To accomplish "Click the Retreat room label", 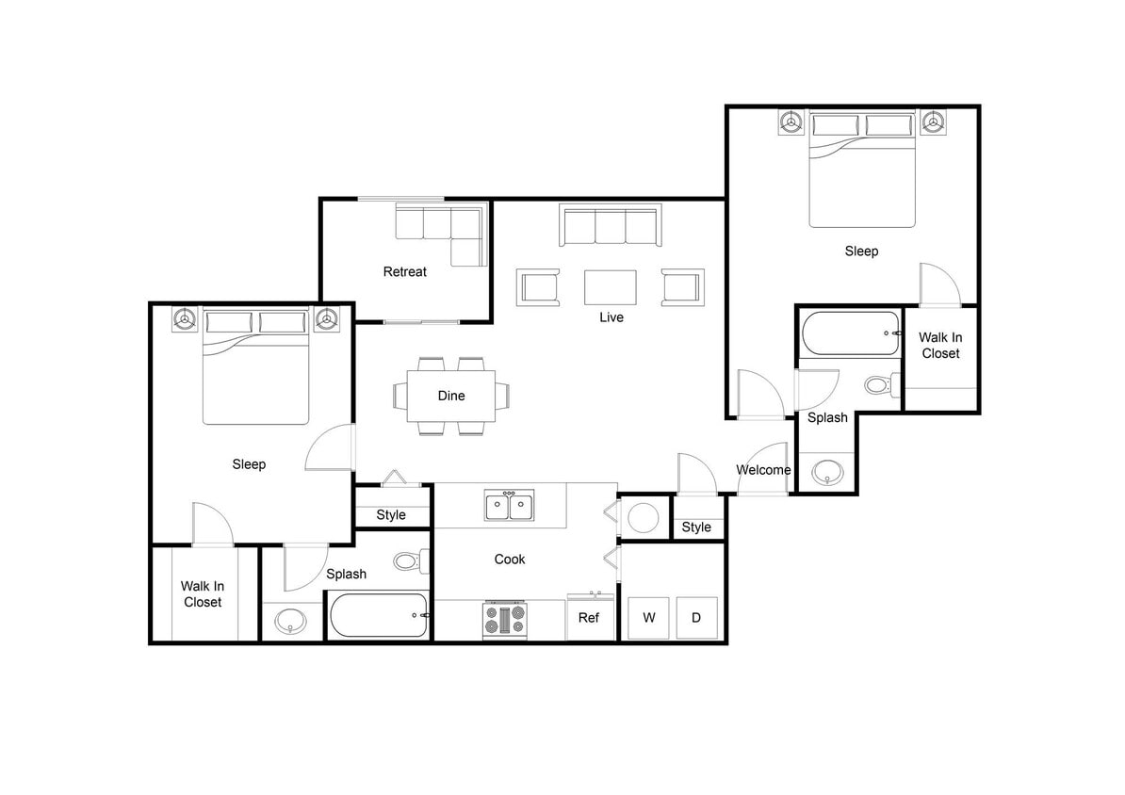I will [404, 272].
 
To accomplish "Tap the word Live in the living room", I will [611, 317].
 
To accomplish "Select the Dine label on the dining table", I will [451, 396].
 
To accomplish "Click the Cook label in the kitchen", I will [509, 560].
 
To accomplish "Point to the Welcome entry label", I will [763, 470].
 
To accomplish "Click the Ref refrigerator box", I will [589, 618].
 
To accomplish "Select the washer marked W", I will [648, 618].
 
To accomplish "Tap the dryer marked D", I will [696, 618].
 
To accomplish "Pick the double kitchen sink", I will [509, 506].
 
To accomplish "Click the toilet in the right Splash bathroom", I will [877, 384].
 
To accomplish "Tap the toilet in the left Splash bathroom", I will [407, 561].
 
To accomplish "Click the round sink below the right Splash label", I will [827, 470].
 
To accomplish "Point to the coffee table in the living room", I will [610, 287].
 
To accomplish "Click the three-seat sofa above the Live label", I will [610, 226].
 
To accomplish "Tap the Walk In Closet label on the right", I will [939, 345].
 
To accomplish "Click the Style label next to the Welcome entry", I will [696, 527].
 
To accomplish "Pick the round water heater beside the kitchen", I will [644, 517].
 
